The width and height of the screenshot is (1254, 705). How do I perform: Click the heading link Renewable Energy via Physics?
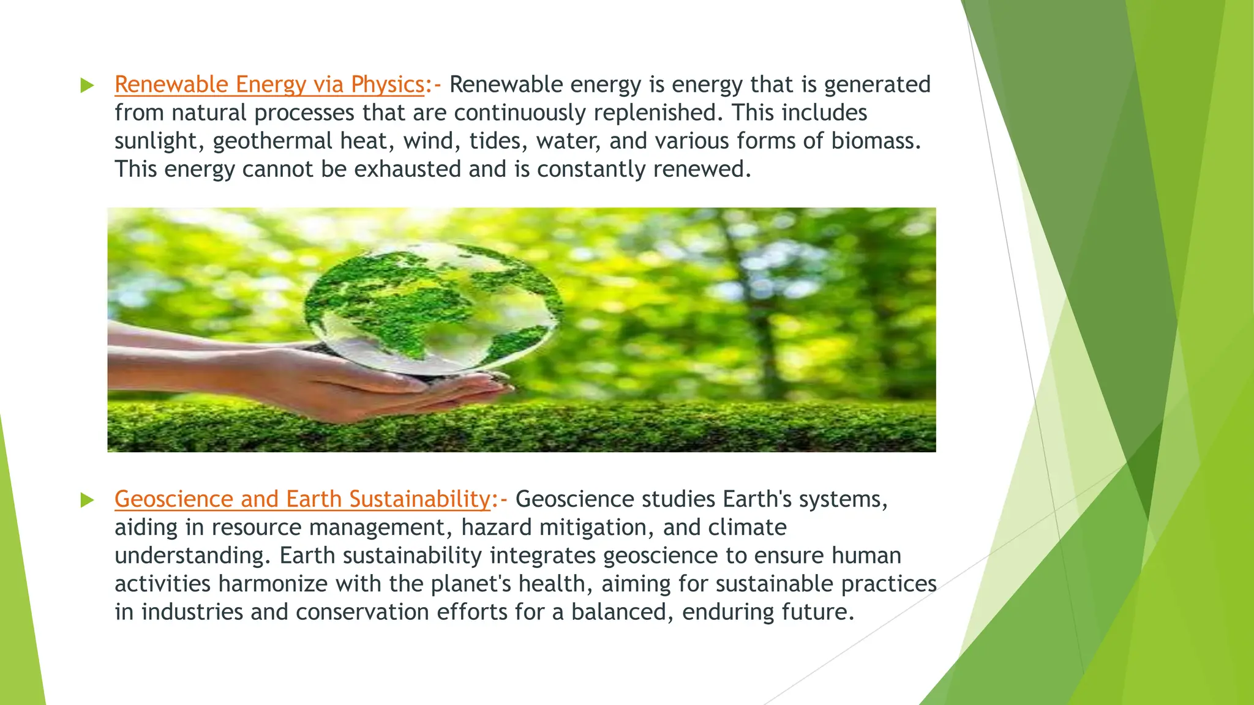point(269,84)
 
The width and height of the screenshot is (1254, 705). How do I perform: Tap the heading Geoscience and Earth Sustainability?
point(302,499)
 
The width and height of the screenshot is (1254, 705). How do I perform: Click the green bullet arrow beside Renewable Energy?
point(87,86)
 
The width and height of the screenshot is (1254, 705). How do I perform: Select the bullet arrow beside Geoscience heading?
point(87,501)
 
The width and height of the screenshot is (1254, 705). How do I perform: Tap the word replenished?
point(655,113)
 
